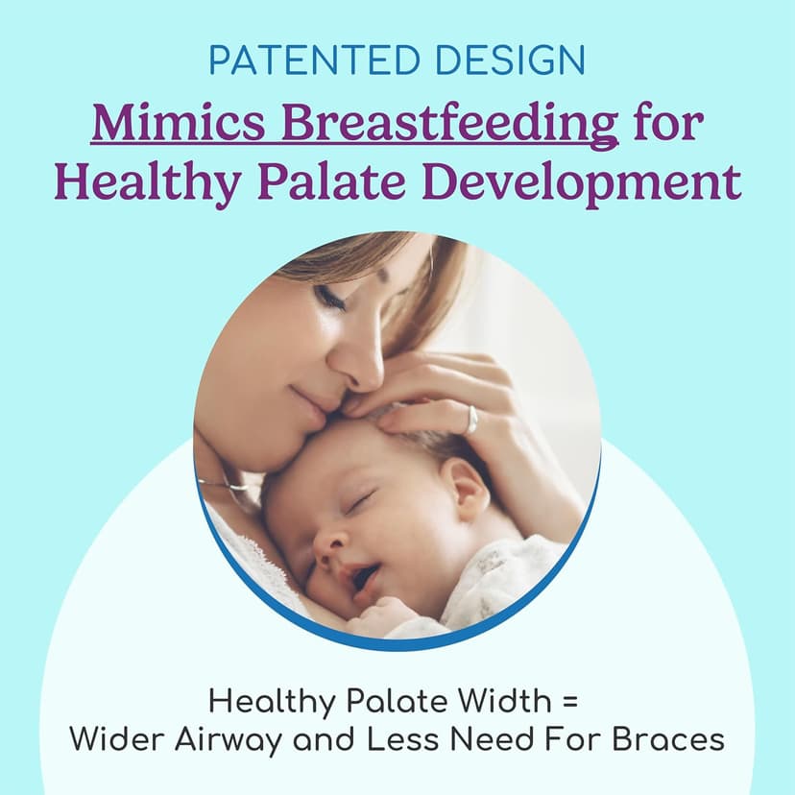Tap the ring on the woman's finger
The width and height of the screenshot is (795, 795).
pos(471,419)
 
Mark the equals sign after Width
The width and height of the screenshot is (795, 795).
pos(570,703)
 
